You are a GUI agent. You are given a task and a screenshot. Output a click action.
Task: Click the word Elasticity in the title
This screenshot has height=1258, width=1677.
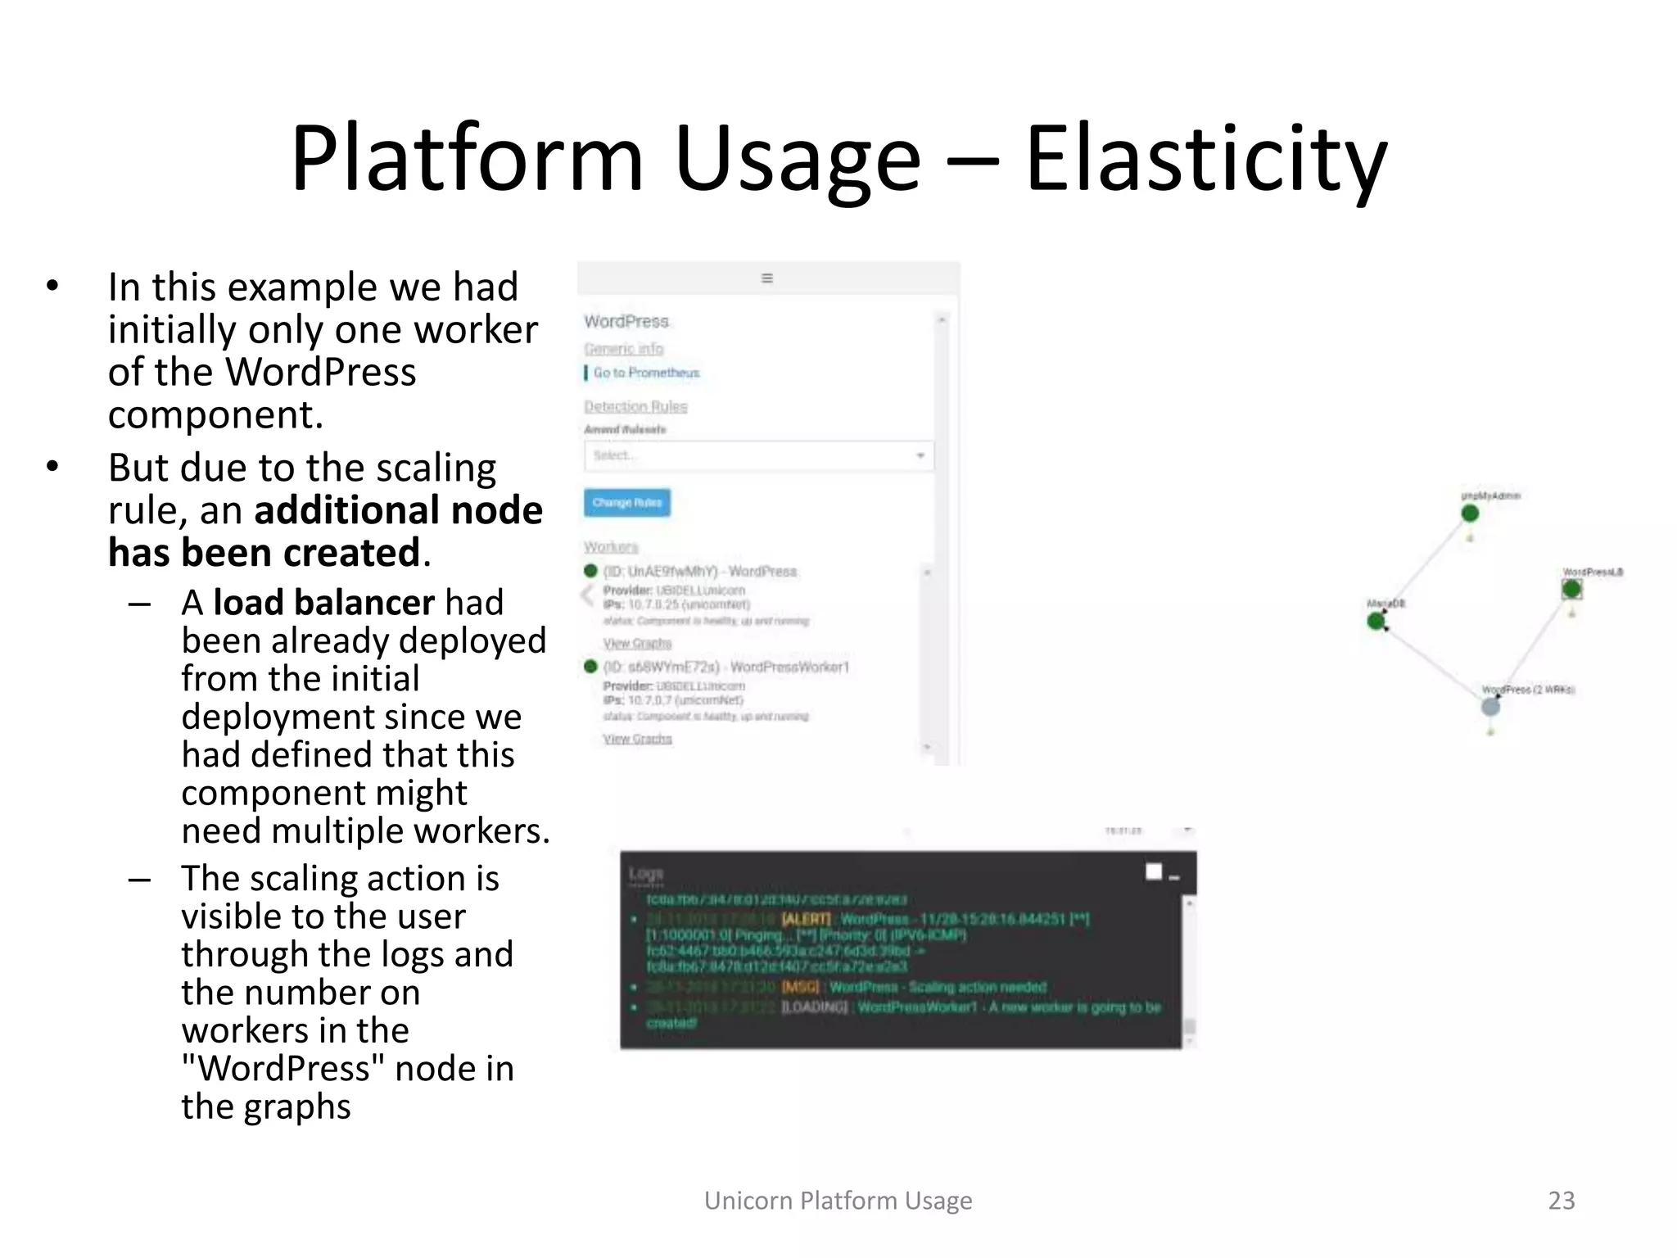pyautogui.click(x=1205, y=160)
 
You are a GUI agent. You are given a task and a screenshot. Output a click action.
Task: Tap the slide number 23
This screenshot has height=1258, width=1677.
pyautogui.click(x=1561, y=1200)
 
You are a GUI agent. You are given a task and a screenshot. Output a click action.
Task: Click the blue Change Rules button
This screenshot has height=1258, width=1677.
pyautogui.click(x=626, y=502)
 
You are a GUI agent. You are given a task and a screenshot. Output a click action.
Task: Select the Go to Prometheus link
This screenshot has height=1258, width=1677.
pyautogui.click(x=646, y=373)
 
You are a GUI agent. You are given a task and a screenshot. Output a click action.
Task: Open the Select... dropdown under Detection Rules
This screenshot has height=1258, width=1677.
pyautogui.click(x=758, y=455)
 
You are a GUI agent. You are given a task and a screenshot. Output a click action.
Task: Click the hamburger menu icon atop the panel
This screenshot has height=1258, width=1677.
pyautogui.click(x=767, y=278)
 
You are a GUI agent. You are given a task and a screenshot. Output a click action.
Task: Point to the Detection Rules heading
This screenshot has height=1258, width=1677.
pyautogui.click(x=635, y=406)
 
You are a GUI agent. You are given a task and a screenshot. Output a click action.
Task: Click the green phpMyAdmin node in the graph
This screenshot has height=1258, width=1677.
pyautogui.click(x=1470, y=514)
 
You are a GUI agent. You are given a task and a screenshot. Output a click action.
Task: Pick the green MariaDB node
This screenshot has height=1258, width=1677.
pyautogui.click(x=1376, y=622)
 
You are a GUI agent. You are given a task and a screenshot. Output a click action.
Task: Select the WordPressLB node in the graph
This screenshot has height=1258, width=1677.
pyautogui.click(x=1571, y=589)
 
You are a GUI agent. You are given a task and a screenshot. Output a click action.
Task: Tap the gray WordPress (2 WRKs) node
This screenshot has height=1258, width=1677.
pyautogui.click(x=1491, y=706)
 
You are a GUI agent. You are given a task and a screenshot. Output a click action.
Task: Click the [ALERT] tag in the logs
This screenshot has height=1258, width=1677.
pyautogui.click(x=806, y=919)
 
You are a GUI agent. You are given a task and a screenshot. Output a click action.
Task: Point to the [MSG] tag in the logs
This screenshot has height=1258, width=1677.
pyautogui.click(x=800, y=987)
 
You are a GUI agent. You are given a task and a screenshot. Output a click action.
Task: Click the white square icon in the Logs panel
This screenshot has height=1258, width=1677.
pyautogui.click(x=1154, y=871)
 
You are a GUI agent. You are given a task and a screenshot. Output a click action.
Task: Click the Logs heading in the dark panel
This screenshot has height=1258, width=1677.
pyautogui.click(x=646, y=875)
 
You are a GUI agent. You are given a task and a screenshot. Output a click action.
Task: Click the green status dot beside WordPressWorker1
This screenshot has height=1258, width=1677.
pyautogui.click(x=590, y=667)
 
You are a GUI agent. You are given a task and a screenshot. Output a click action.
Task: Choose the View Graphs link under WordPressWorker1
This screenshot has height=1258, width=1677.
pyautogui.click(x=637, y=739)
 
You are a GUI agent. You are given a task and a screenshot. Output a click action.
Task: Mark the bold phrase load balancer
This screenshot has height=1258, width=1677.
pyautogui.click(x=323, y=603)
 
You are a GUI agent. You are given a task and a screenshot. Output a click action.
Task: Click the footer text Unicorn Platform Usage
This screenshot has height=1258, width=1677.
pyautogui.click(x=838, y=1200)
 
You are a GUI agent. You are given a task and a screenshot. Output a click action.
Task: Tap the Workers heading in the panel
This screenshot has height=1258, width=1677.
pyautogui.click(x=611, y=546)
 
